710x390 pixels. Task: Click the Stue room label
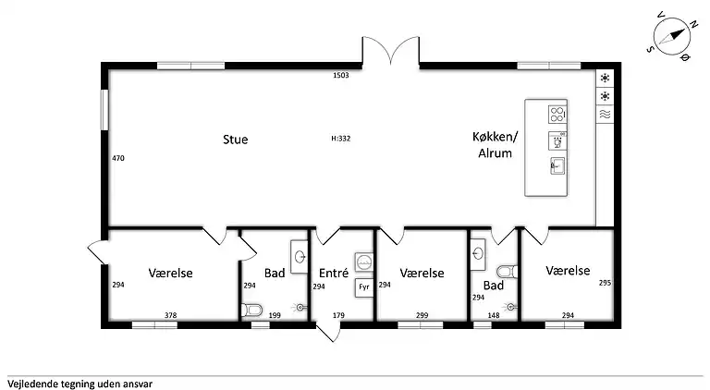pyautogui.click(x=235, y=140)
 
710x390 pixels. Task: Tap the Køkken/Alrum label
pyautogui.click(x=495, y=147)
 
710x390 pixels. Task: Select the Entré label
pyautogui.click(x=333, y=274)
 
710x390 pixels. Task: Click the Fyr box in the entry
pyautogui.click(x=363, y=287)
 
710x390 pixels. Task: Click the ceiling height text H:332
pyautogui.click(x=340, y=139)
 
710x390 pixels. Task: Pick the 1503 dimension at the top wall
pyautogui.click(x=340, y=75)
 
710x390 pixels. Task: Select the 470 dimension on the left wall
pyautogui.click(x=118, y=158)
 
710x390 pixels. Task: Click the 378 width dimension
pyautogui.click(x=170, y=315)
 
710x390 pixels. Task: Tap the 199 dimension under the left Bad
pyautogui.click(x=275, y=315)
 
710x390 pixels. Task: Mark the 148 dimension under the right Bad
pyautogui.click(x=494, y=315)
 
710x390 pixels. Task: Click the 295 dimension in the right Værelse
pyautogui.click(x=605, y=283)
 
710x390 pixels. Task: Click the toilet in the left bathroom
pyautogui.click(x=252, y=310)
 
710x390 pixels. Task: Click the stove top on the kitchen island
pyautogui.click(x=557, y=115)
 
